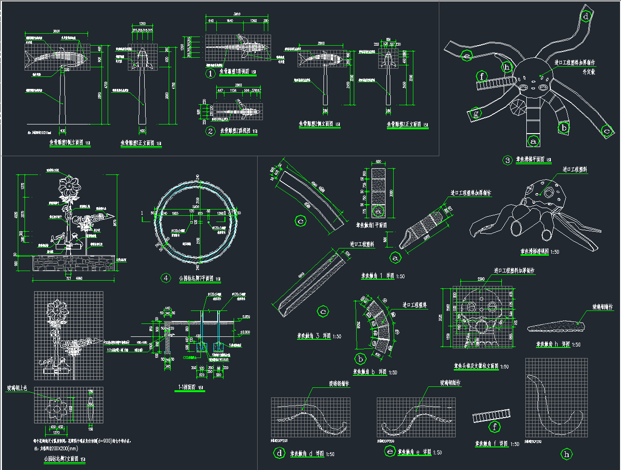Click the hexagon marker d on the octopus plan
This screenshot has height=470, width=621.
coord(586,17)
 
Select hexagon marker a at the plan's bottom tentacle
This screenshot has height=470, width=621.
coord(533,141)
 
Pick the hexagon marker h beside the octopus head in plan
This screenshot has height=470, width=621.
coord(507,67)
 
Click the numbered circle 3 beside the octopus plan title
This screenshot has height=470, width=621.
coord(508,161)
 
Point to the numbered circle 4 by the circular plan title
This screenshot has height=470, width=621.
coord(166,278)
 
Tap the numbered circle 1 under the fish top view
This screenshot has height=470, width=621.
coord(210,74)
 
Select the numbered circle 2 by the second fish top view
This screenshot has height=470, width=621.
coord(210,131)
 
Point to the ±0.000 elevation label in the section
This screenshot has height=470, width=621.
coord(245,332)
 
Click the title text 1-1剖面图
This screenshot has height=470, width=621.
coord(189,387)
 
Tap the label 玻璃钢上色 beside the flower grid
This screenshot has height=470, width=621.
coord(20,388)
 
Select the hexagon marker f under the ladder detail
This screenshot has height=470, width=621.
coord(494,426)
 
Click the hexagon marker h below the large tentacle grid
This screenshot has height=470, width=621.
coord(567,454)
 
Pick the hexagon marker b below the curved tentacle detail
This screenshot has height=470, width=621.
coord(360,359)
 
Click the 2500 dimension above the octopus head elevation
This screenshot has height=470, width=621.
coord(480,280)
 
